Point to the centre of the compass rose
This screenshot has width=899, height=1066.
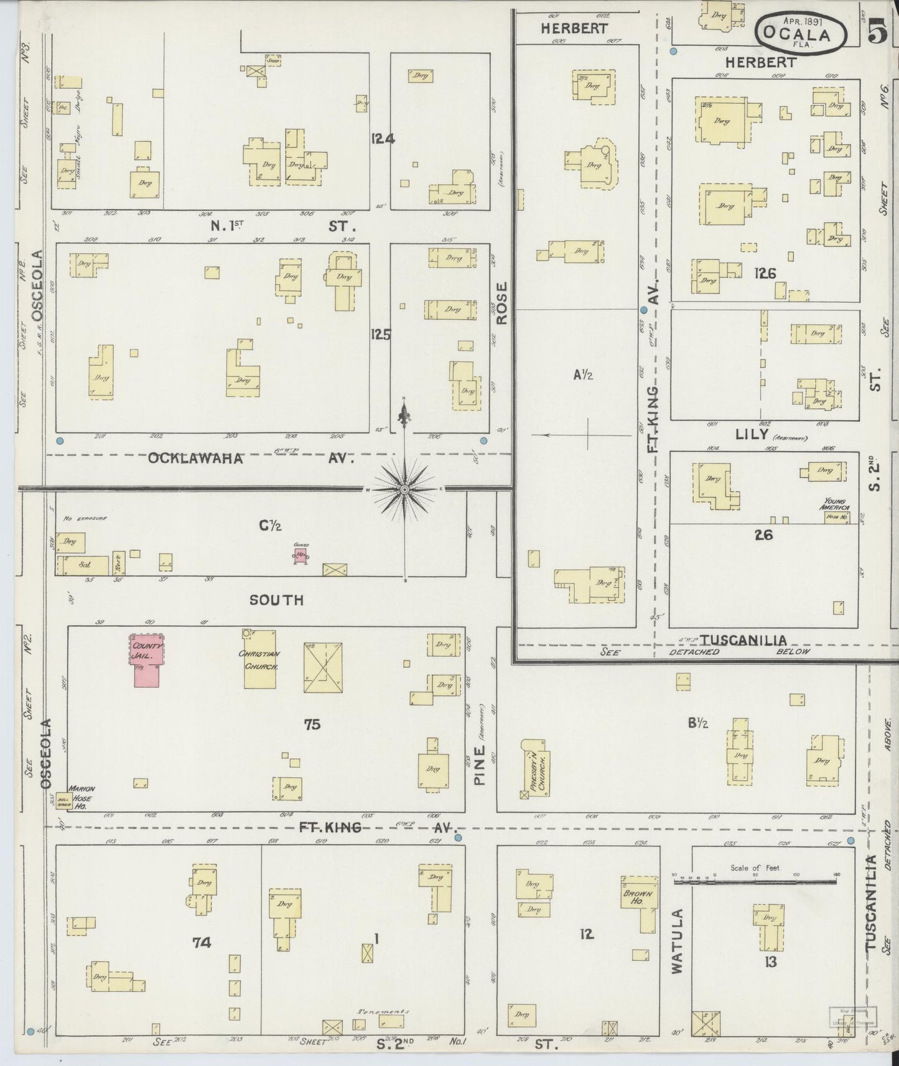pos(405,490)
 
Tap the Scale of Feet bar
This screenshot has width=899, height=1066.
pos(755,878)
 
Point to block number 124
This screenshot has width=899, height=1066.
pos(382,139)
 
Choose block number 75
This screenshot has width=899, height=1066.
pos(312,724)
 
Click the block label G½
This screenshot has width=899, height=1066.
pos(271,526)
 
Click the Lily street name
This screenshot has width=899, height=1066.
pos(752,434)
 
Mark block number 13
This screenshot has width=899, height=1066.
pos(771,963)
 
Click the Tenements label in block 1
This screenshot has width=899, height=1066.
pos(380,1011)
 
